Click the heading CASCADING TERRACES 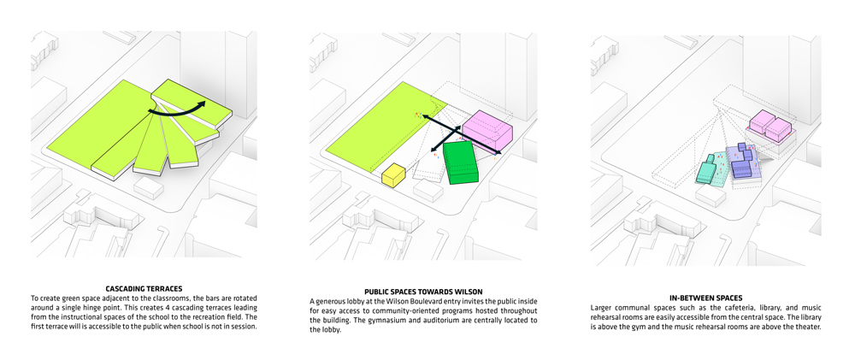(144, 288)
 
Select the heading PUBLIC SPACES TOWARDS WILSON (423, 292)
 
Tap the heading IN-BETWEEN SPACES (705, 298)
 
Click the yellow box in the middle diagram (393, 175)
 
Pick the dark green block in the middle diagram (461, 162)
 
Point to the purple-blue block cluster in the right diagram (742, 162)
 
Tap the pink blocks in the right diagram (770, 125)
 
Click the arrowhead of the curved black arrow (201, 105)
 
